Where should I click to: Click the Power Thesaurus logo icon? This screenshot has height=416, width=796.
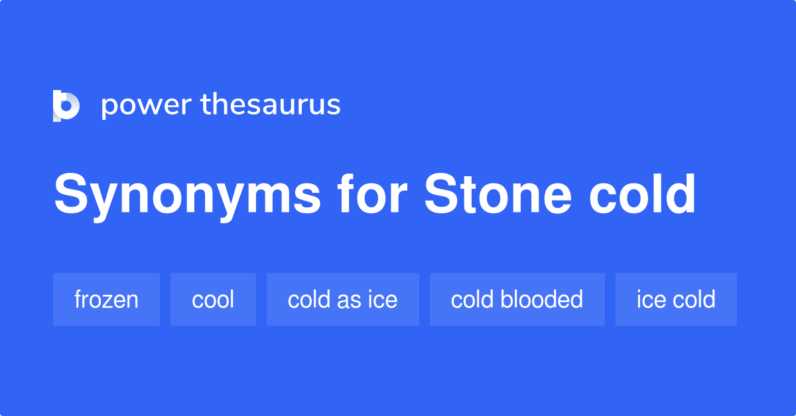(x=66, y=105)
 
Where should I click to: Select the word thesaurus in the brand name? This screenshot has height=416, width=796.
(x=271, y=105)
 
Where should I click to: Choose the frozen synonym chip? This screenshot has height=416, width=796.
(x=106, y=299)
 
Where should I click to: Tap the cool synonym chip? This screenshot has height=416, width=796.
(x=213, y=299)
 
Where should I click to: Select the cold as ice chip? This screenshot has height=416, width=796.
(x=342, y=299)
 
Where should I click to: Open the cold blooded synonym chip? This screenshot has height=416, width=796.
(x=517, y=299)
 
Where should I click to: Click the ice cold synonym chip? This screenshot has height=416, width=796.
(x=676, y=299)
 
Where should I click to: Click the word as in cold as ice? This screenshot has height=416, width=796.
(x=349, y=300)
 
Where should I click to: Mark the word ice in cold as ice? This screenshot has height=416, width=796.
(x=382, y=299)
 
